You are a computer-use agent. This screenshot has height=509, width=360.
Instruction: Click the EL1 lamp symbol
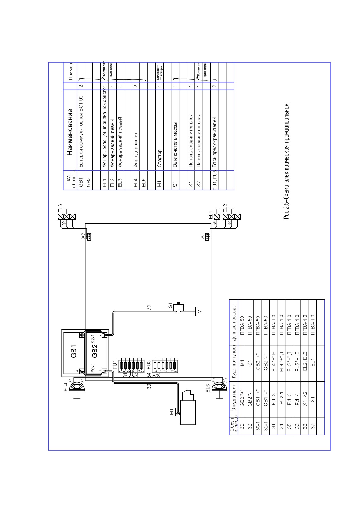tap(217, 216)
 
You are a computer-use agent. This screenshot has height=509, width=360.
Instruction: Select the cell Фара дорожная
tap(136, 150)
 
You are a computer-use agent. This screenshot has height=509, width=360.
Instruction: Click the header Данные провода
tap(233, 322)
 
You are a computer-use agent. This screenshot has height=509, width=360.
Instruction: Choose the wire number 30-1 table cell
tap(257, 430)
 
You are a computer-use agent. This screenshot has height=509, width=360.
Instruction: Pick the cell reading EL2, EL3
tap(305, 363)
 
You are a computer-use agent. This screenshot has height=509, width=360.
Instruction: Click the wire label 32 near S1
tap(149, 307)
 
